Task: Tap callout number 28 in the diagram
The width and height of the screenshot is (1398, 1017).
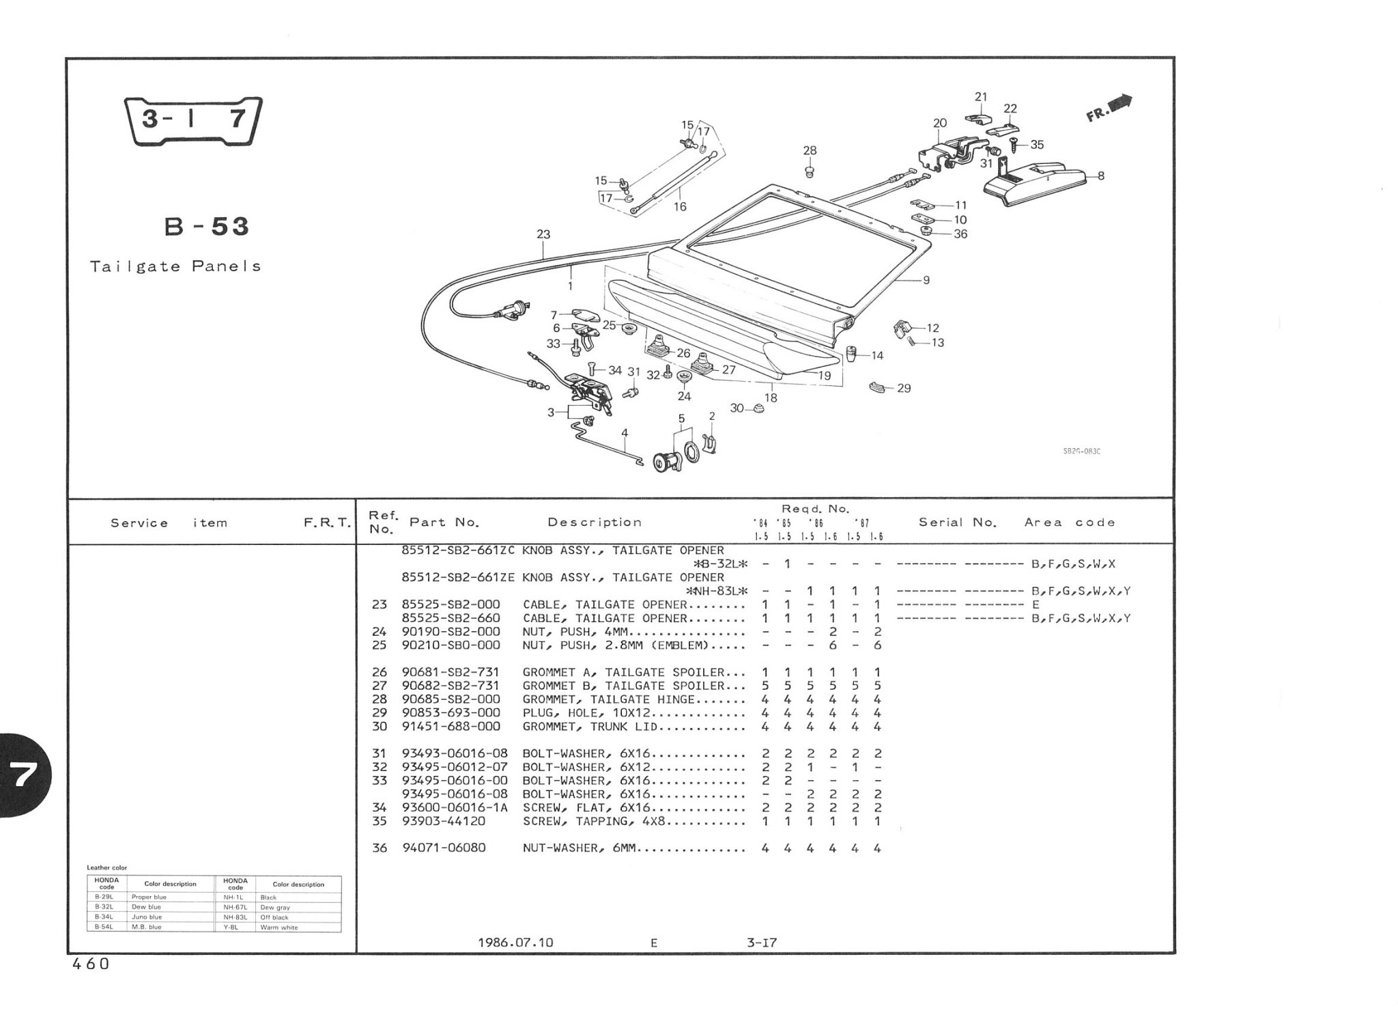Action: (x=810, y=150)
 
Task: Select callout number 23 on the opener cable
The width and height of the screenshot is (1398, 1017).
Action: (x=543, y=234)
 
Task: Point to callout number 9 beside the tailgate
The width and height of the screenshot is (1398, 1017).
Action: (x=926, y=280)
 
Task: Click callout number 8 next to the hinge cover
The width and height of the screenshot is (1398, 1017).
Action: (x=1100, y=176)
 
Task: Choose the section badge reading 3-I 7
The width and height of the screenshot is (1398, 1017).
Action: (x=193, y=120)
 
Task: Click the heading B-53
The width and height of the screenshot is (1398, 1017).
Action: (x=207, y=226)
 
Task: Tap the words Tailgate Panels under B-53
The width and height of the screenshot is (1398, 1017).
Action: (x=175, y=266)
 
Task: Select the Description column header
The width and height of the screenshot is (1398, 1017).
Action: (x=595, y=523)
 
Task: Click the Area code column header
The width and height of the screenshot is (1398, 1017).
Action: (x=1070, y=523)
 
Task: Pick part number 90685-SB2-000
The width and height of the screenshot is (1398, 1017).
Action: (x=451, y=699)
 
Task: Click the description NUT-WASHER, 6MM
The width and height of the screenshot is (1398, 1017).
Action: (x=579, y=848)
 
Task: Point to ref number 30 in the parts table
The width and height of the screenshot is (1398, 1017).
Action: (x=379, y=727)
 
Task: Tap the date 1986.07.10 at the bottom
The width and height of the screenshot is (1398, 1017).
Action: (x=515, y=943)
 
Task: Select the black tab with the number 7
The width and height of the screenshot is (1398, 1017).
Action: (x=23, y=775)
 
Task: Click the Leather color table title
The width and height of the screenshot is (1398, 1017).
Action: (x=106, y=867)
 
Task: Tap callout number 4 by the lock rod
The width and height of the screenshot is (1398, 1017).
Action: (x=624, y=432)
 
